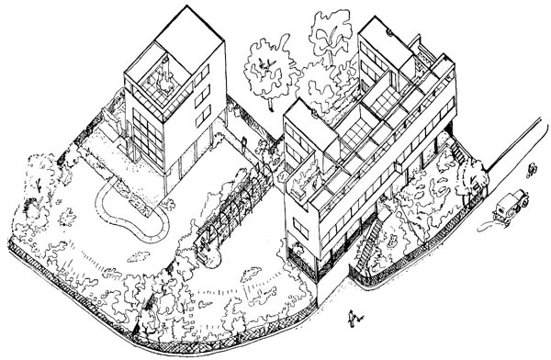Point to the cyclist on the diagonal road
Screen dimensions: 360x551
pyautogui.click(x=530, y=169)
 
